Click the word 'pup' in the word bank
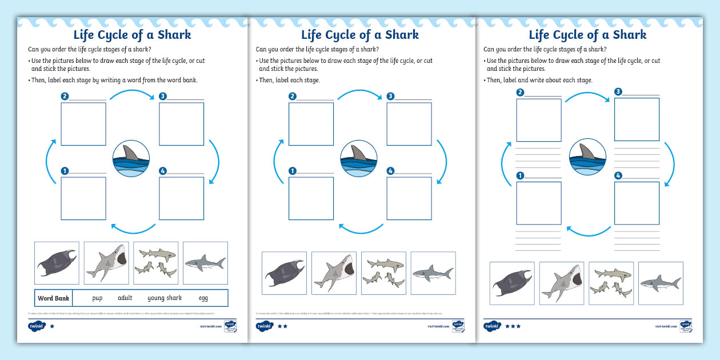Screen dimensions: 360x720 97,298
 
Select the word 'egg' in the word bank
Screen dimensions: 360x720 203,298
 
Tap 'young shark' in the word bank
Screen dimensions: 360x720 165,298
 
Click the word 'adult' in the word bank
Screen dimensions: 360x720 125,298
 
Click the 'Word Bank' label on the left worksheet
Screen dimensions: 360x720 53,298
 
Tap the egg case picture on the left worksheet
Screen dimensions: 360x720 57,263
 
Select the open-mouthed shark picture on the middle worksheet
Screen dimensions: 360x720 334,273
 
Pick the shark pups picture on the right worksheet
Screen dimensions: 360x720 611,283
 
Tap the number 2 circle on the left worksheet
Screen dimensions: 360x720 65,96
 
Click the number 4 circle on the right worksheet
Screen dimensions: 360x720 618,176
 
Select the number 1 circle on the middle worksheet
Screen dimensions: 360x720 293,170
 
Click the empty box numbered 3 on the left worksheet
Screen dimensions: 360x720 182,123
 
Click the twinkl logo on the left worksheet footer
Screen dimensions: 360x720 36,326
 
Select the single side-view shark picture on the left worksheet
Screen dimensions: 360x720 205,263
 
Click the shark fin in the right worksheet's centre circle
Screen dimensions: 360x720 588,152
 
